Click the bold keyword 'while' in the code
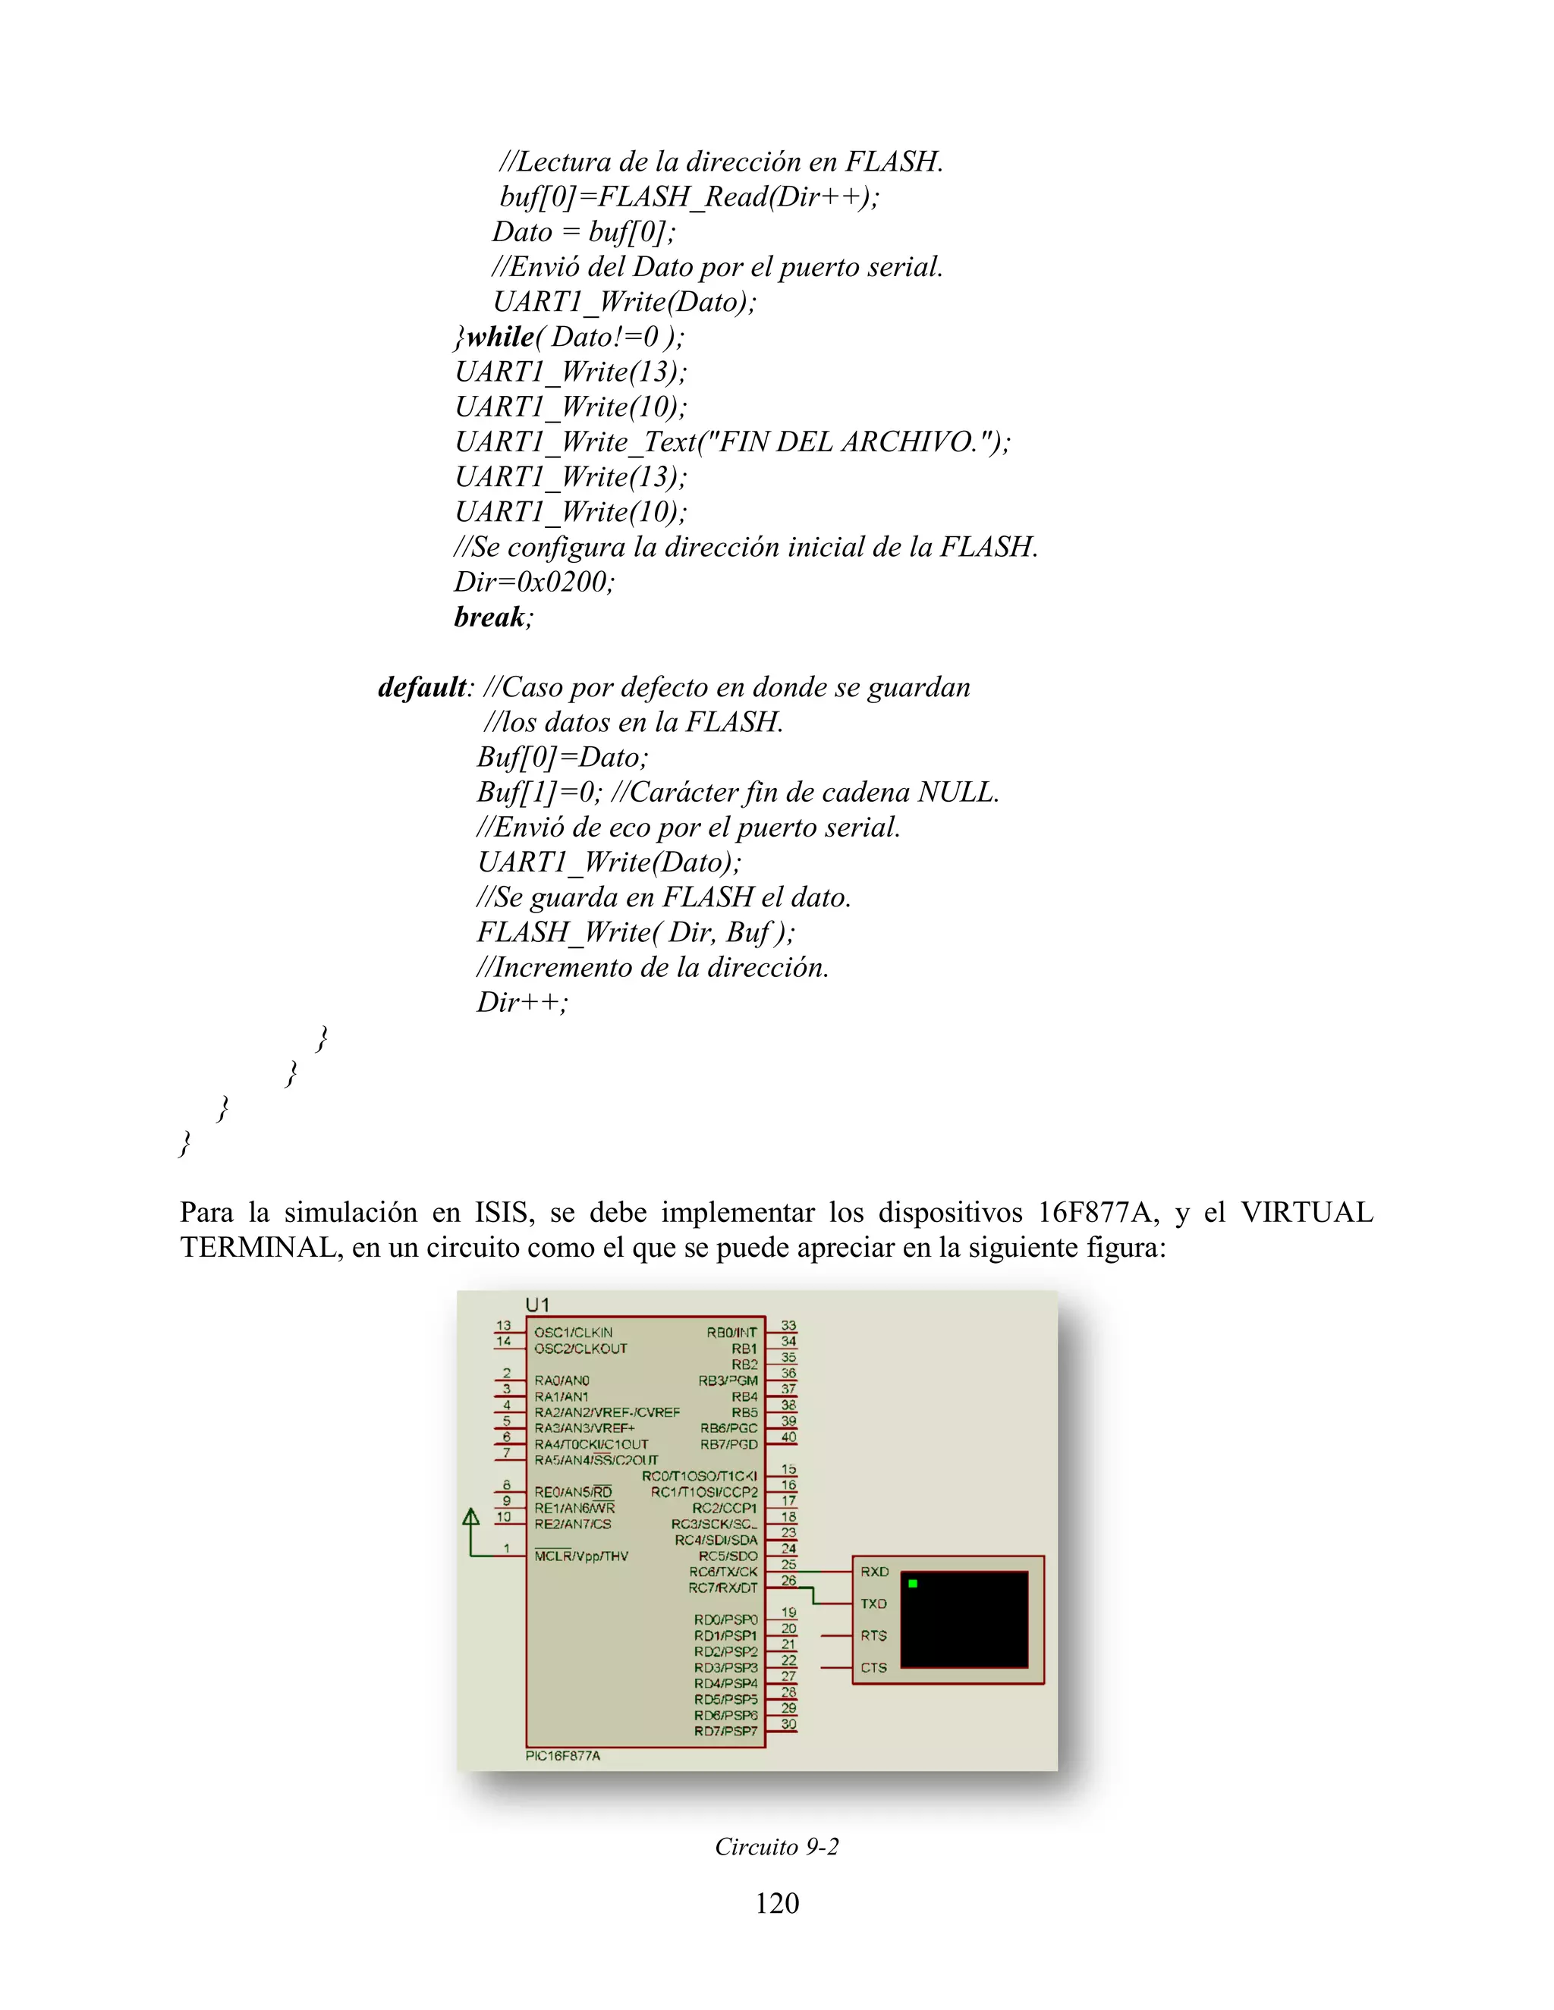pos(500,337)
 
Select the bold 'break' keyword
pos(489,617)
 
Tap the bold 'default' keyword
pos(422,686)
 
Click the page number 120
pos(777,1902)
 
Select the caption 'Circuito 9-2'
pos(777,1846)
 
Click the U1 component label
pos(538,1304)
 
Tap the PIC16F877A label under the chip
pos(562,1755)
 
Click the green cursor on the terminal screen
pos(912,1583)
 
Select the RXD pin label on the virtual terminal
pos(875,1571)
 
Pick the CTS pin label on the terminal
pos(873,1666)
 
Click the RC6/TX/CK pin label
pos(724,1571)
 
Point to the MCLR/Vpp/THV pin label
pos(581,1556)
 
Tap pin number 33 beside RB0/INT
pos(789,1325)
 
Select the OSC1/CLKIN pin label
pos(574,1332)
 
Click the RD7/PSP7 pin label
pos(725,1730)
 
